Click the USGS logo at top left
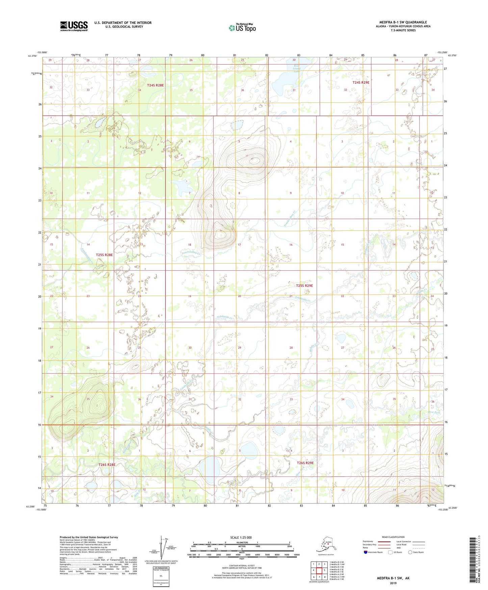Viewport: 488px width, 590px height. (x=74, y=26)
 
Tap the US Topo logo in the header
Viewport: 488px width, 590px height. (x=242, y=28)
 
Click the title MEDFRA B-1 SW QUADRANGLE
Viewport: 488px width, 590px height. (x=403, y=22)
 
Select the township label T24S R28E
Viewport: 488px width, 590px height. (x=155, y=85)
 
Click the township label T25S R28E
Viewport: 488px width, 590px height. (x=104, y=255)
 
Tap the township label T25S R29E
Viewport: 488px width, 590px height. (x=304, y=286)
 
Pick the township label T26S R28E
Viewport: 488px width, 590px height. (x=107, y=465)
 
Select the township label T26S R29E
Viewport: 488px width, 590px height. (x=305, y=463)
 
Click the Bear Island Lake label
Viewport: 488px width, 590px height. (x=297, y=69)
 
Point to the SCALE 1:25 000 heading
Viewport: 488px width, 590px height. (x=241, y=538)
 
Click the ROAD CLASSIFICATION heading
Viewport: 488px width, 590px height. (x=393, y=537)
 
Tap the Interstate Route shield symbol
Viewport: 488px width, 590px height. (x=365, y=552)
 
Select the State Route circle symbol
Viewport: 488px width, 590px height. (x=410, y=552)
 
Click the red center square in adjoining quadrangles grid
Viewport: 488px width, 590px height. (x=319, y=570)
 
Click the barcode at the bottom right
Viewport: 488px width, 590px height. (x=472, y=560)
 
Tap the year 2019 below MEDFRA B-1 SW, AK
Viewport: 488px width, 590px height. (x=393, y=583)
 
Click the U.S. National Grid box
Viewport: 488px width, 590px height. (x=161, y=576)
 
